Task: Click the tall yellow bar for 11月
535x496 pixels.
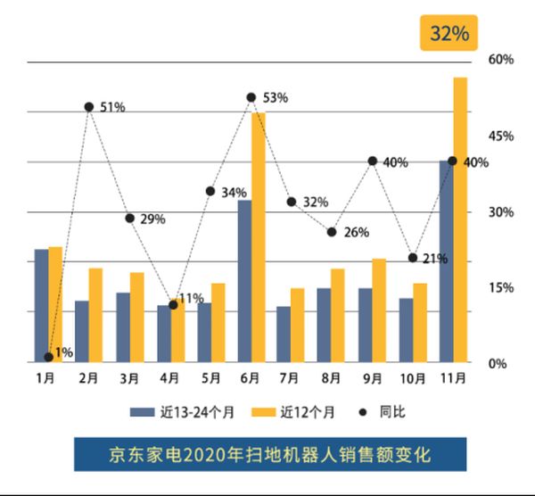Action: tap(460, 219)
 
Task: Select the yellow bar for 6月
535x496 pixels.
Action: tap(258, 236)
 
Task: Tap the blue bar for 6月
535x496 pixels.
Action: tap(243, 281)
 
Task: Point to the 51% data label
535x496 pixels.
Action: tap(112, 107)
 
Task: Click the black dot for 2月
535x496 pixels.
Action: tap(89, 107)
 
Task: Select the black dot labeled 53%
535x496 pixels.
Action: tap(251, 97)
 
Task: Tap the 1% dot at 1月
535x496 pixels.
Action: tap(48, 357)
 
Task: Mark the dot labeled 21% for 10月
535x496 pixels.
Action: tap(413, 258)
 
